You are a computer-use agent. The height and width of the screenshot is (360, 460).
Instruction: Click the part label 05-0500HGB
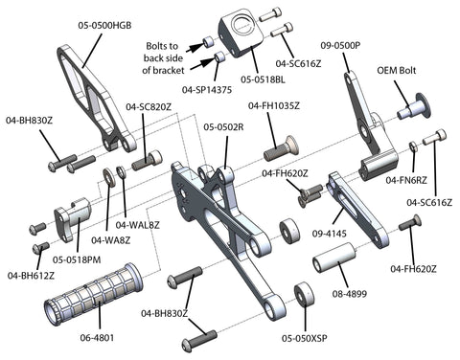point(104,26)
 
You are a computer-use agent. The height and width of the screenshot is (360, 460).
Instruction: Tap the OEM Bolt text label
point(397,70)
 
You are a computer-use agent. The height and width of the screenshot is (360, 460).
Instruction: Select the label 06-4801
point(97,337)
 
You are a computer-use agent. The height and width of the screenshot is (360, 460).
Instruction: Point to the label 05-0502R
point(223,127)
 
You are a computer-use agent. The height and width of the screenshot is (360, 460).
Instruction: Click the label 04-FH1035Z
point(274,105)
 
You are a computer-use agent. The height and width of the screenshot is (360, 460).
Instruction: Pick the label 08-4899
point(350,294)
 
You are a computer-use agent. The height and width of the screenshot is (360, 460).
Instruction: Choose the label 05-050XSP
point(305,338)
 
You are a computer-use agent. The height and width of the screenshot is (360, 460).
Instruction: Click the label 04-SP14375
point(207,90)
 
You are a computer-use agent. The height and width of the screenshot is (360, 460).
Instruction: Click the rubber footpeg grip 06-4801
point(93,294)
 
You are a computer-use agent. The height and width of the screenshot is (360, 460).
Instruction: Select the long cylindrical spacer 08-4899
point(334,258)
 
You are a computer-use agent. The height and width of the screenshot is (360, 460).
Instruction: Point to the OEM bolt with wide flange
point(414,107)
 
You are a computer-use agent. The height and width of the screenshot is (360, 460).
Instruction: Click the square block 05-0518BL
point(241,35)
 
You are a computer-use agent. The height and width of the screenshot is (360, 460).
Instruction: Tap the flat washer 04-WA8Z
point(109,178)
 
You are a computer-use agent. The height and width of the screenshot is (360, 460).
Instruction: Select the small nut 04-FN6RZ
point(413,146)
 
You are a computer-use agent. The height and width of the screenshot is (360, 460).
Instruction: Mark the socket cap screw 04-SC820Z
point(147,160)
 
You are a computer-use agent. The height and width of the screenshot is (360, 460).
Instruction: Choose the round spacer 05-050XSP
point(304,294)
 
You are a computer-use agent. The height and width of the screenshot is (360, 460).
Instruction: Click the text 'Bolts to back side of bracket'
point(163,58)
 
